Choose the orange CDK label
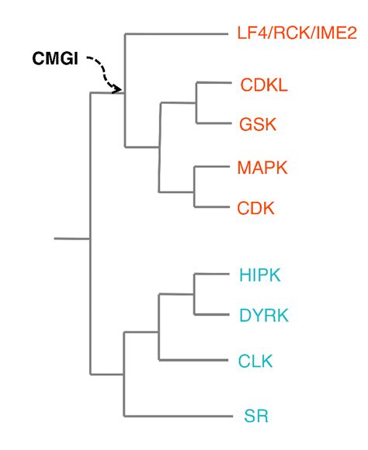(255, 208)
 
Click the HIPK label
(259, 275)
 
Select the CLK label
(255, 360)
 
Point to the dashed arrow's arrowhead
(119, 89)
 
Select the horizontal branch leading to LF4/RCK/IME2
(175, 33)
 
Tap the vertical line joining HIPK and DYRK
(193, 294)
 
